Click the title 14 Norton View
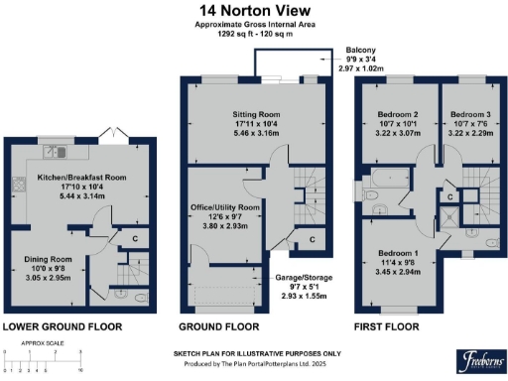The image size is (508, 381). pos(254,10)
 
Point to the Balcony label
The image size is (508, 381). pos(360,49)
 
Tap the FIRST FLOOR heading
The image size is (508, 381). pos(388,326)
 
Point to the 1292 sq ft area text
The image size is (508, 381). pos(254,37)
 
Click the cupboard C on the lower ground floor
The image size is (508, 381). pos(134,238)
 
